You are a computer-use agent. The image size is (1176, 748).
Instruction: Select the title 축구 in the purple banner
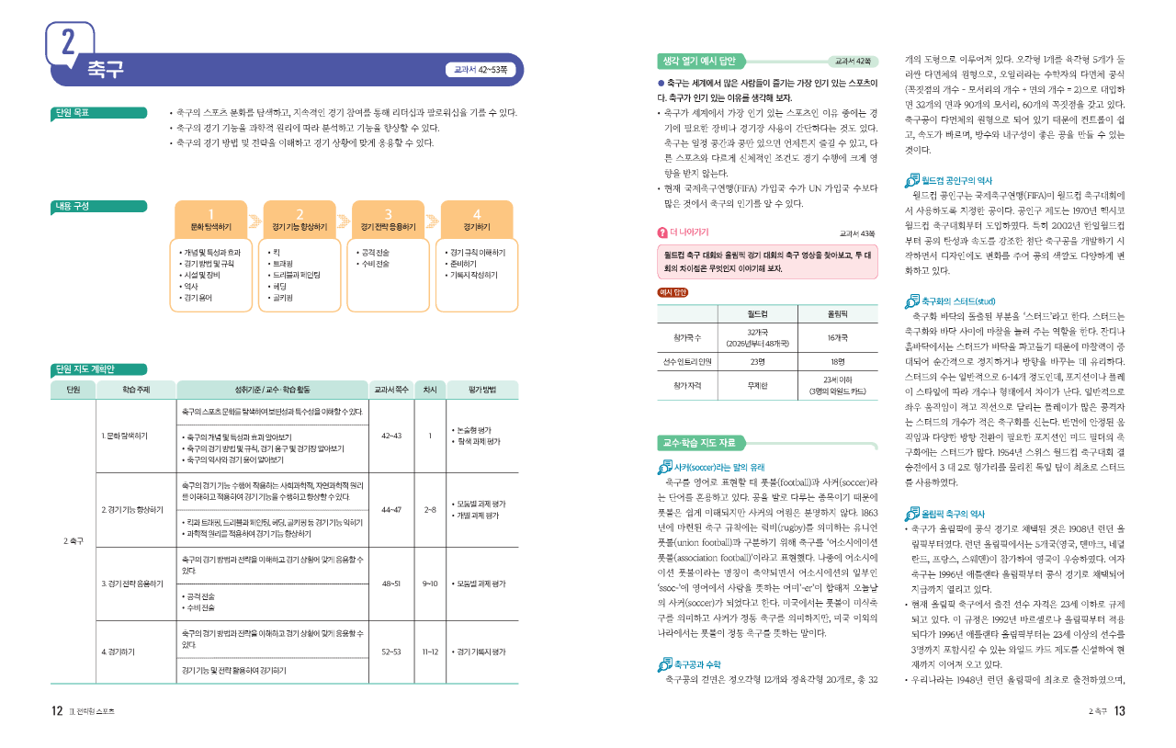[106, 69]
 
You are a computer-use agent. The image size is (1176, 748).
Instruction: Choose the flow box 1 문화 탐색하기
[211, 220]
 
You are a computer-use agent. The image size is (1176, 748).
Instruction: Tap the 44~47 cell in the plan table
[390, 508]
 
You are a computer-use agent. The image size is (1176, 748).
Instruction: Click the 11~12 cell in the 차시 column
[429, 652]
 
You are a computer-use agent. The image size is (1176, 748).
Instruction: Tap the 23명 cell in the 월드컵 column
[758, 361]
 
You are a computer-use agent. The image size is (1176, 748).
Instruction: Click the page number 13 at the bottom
[1119, 710]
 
